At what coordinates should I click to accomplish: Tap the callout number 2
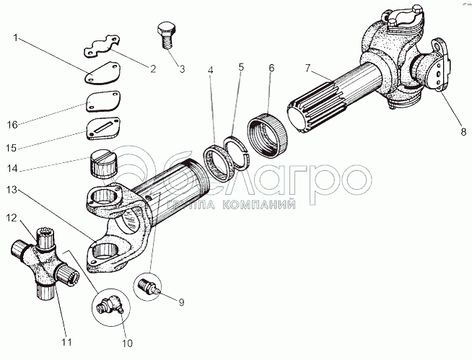[x=152, y=69]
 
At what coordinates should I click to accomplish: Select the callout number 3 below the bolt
[x=181, y=69]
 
